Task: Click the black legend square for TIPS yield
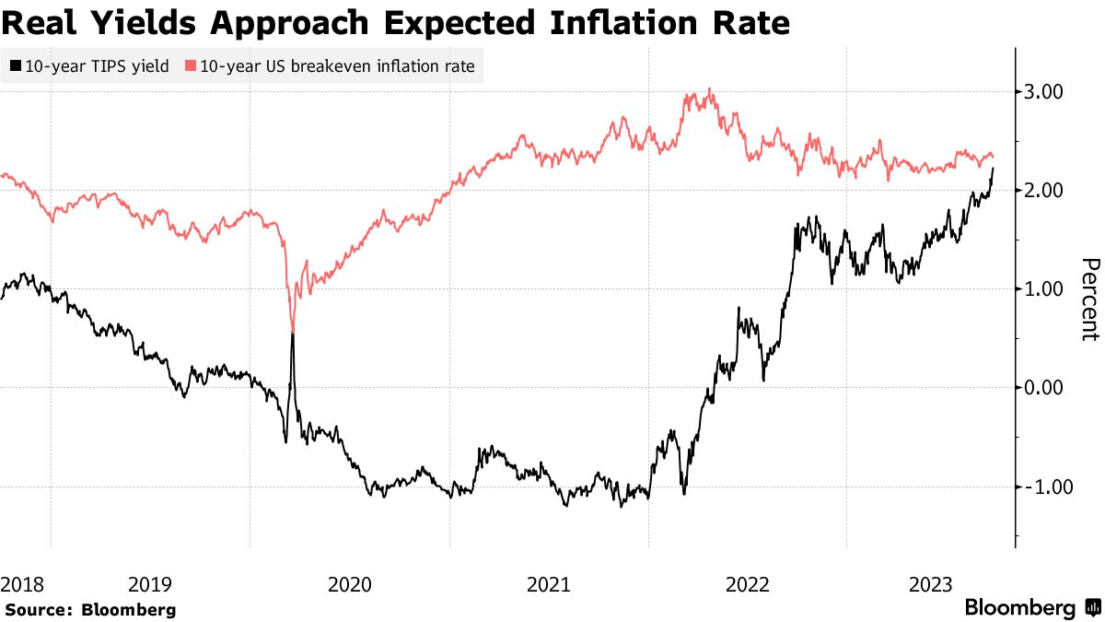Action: tap(15, 66)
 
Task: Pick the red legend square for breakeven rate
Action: tap(191, 66)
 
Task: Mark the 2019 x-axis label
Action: tap(149, 583)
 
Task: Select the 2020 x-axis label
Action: tap(349, 583)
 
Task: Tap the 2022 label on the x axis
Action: tap(748, 583)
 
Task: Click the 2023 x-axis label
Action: tap(931, 583)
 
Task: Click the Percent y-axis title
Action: tap(1088, 299)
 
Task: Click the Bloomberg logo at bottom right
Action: tap(1031, 608)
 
